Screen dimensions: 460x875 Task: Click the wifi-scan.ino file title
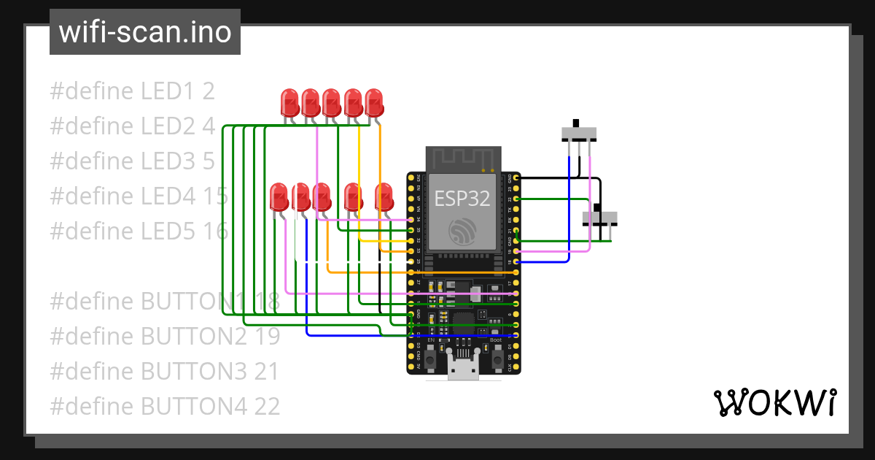tap(144, 32)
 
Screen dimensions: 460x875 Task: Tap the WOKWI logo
tap(774, 402)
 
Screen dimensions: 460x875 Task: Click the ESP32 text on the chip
tap(462, 199)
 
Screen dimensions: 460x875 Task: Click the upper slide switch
tap(579, 133)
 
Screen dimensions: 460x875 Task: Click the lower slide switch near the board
tap(599, 218)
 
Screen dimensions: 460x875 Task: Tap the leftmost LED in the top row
tap(290, 101)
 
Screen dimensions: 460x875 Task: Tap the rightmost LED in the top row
tap(374, 101)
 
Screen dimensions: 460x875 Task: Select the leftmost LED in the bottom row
tap(279, 196)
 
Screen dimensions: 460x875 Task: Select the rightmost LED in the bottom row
tap(384, 196)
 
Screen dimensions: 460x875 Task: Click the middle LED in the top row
tap(332, 101)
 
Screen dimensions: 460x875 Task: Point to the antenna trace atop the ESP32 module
tap(462, 158)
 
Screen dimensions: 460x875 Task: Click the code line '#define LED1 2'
tap(132, 91)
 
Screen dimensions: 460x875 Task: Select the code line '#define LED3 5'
tap(132, 161)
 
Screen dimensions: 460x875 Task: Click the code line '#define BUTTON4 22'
tap(165, 406)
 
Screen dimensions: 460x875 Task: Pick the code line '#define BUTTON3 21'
tap(164, 371)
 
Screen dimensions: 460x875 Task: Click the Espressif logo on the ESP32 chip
tap(462, 232)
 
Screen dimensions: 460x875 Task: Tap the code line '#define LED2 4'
tap(132, 126)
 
